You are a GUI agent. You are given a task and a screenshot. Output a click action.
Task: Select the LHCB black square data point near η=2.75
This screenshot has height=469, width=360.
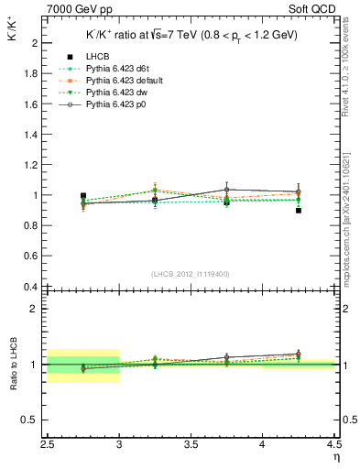83,196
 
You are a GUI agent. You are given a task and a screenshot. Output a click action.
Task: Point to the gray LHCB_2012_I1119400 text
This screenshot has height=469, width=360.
191,274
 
